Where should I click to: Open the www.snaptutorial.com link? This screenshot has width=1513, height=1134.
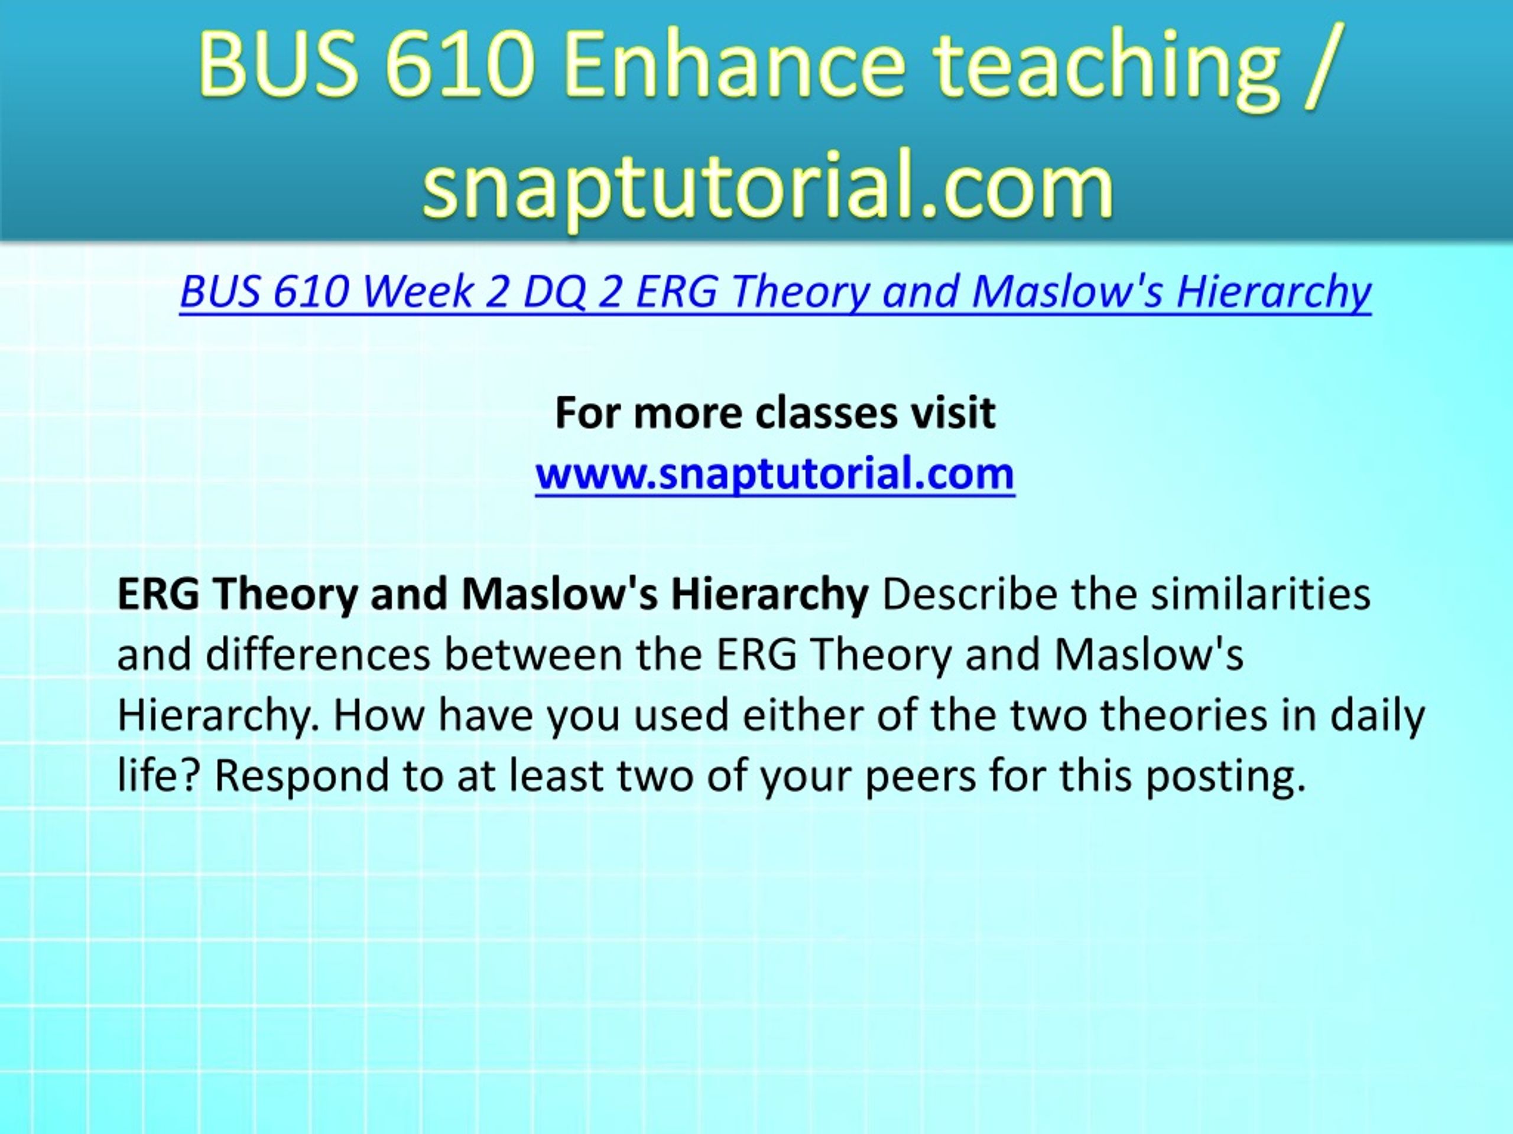tap(775, 474)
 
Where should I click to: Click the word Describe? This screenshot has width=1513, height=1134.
tap(970, 594)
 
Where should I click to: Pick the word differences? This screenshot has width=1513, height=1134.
tap(318, 654)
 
